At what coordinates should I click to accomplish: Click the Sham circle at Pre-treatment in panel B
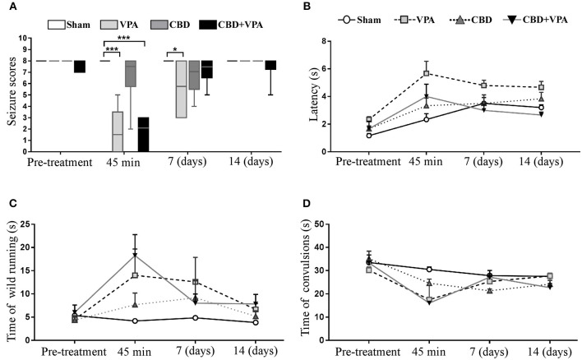pyautogui.click(x=369, y=135)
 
